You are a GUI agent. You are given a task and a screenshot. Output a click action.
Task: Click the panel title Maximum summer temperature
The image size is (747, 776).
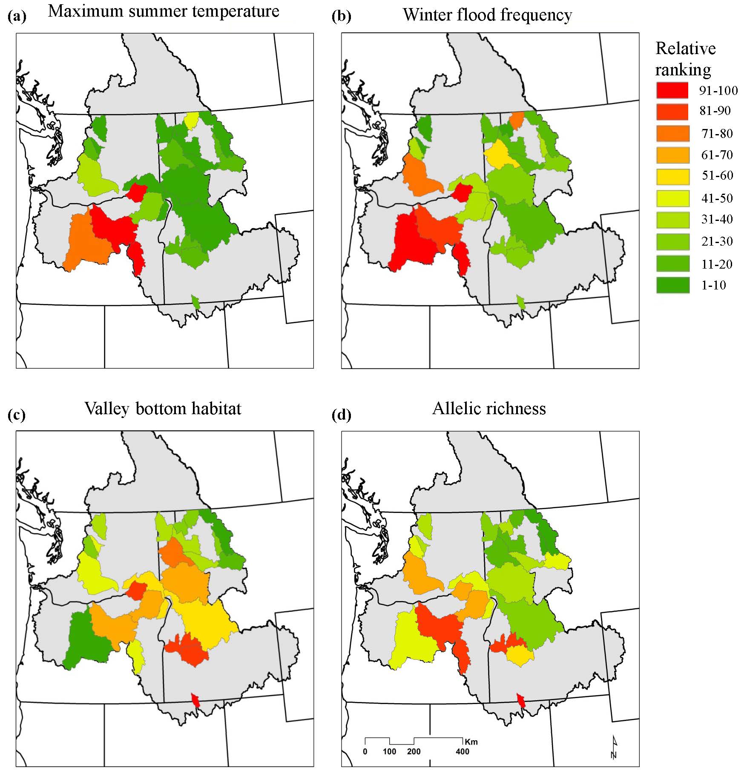164,11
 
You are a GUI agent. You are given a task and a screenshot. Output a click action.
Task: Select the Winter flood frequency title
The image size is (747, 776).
487,15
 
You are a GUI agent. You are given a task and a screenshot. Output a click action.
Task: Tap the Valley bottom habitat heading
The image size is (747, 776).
163,409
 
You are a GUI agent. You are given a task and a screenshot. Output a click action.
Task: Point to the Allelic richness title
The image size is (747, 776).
489,409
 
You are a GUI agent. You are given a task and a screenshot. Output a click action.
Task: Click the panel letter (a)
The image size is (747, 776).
17,17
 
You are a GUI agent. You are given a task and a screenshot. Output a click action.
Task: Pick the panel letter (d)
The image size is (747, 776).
341,415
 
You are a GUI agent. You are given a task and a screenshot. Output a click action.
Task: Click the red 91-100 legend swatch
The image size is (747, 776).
672,90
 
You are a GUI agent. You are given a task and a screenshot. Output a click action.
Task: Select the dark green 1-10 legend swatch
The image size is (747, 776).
672,285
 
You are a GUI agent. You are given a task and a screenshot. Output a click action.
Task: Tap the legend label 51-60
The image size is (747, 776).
717,175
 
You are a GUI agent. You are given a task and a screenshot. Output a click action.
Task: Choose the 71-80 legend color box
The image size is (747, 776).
672,134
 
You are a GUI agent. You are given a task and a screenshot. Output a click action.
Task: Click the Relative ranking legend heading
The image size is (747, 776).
685,59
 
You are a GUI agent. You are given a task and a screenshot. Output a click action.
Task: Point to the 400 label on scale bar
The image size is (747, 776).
462,752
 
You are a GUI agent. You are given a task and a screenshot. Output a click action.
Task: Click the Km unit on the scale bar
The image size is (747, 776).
471,742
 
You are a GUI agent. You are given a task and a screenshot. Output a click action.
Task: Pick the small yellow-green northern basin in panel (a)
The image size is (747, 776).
191,120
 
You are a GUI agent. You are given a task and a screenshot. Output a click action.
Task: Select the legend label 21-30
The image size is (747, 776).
717,241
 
